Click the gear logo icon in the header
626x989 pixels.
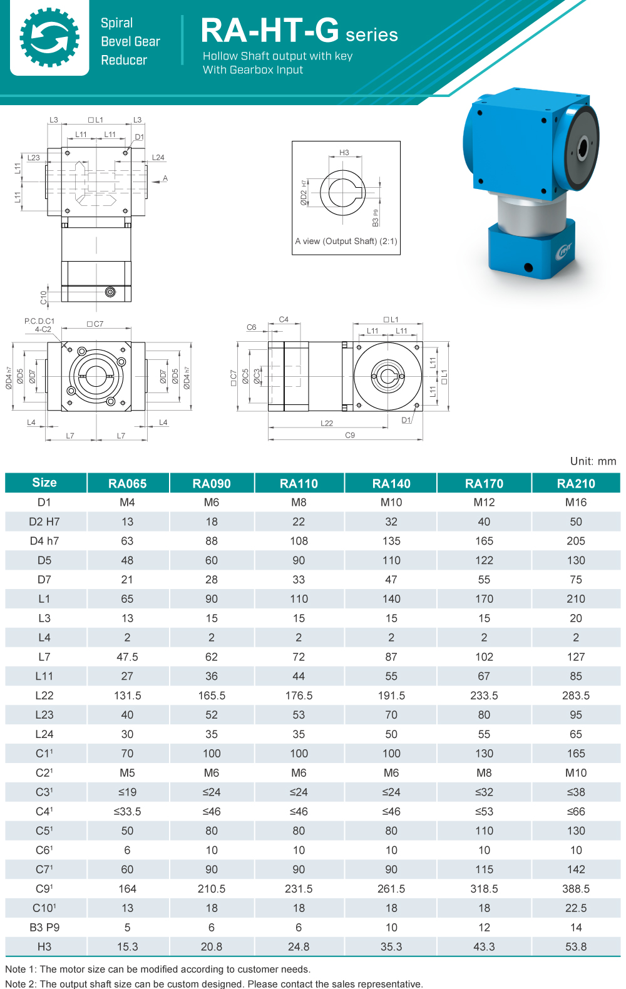(49, 38)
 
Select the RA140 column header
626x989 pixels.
(391, 483)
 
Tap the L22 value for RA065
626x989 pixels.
(127, 695)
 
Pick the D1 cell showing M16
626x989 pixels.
(575, 502)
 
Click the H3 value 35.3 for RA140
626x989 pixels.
(391, 946)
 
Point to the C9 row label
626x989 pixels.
(44, 888)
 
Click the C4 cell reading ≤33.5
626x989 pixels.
(127, 811)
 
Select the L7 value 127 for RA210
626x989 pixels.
(575, 657)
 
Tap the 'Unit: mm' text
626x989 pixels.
(592, 461)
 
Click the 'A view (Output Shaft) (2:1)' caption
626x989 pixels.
(346, 241)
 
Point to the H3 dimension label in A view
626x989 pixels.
(344, 153)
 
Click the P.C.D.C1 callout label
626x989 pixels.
(39, 321)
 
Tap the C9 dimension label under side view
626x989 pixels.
(350, 435)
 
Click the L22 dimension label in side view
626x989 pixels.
(327, 423)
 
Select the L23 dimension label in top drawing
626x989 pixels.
(34, 158)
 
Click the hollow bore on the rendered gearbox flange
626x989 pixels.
(582, 148)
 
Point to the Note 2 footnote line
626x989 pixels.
(214, 983)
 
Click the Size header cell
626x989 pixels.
(44, 483)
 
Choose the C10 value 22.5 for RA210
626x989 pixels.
(575, 908)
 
